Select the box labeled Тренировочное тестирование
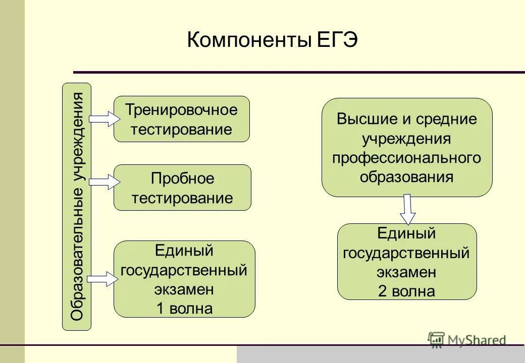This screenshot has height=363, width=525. [x=181, y=119]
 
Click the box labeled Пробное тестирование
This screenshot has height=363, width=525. [x=182, y=188]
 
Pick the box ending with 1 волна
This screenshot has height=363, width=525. [x=184, y=279]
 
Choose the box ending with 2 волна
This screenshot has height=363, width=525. [x=406, y=262]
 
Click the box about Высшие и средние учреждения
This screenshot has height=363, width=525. [x=406, y=147]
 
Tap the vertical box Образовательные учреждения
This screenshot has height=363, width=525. [x=77, y=207]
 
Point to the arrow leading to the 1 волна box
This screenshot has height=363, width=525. [x=102, y=279]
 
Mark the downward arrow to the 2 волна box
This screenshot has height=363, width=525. [x=408, y=209]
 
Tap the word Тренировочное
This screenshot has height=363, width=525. [x=181, y=109]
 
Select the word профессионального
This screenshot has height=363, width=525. [x=406, y=158]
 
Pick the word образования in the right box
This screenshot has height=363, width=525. [x=406, y=177]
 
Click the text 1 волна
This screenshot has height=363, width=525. [x=184, y=308]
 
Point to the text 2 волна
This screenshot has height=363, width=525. [x=406, y=291]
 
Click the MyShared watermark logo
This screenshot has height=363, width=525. [x=466, y=340]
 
